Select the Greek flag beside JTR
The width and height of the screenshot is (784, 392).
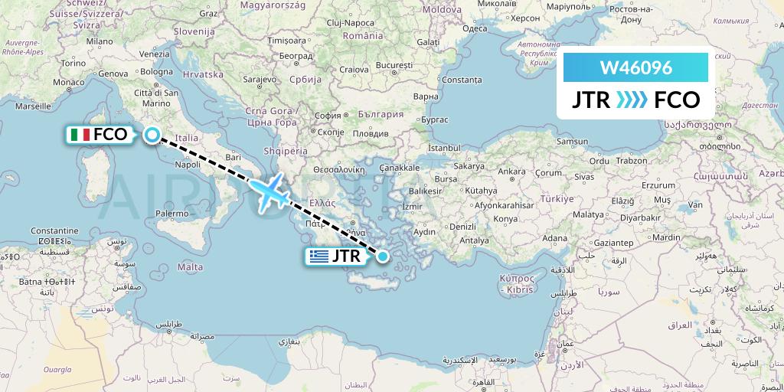[x=319, y=256]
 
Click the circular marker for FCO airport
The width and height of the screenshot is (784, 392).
[x=152, y=135]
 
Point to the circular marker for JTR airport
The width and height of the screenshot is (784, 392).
[x=382, y=256]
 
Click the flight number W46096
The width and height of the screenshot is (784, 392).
[x=636, y=68]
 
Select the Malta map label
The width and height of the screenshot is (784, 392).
[x=191, y=267]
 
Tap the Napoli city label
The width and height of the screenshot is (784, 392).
[x=188, y=164]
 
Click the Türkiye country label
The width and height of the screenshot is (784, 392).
[x=557, y=198]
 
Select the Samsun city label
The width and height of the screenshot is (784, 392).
[x=572, y=142]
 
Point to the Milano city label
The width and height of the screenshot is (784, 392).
[x=100, y=41]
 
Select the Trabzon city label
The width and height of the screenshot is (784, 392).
[x=630, y=161]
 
